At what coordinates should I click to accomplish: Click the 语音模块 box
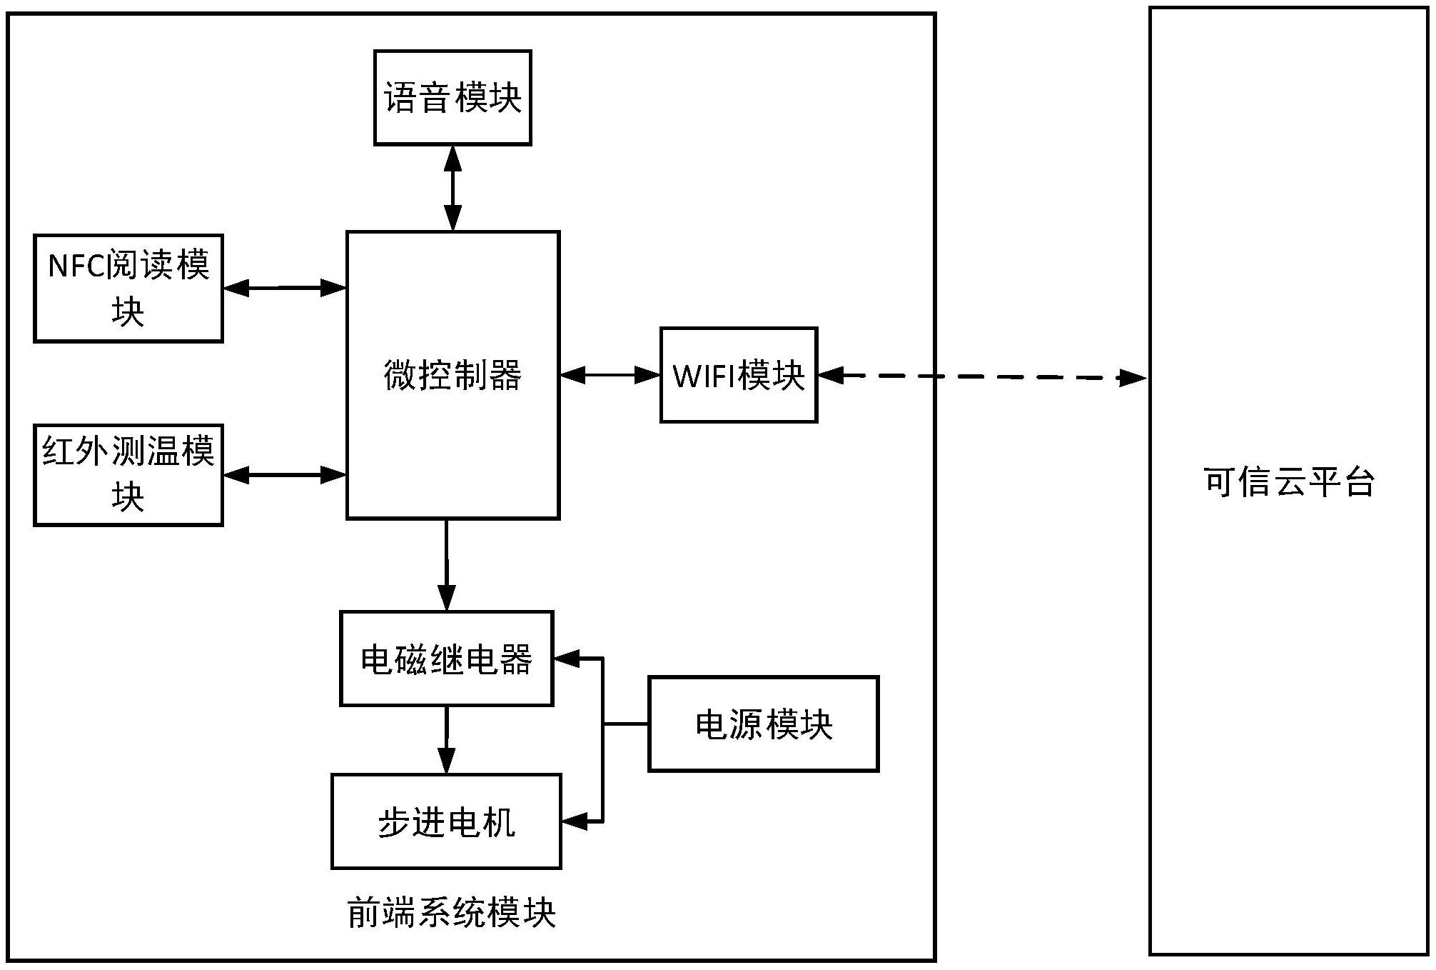coord(452,98)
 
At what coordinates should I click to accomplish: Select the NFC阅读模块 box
coord(128,288)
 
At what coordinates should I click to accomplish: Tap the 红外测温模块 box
coord(128,475)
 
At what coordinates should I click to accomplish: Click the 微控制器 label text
coord(452,375)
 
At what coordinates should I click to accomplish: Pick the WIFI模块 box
coord(739,375)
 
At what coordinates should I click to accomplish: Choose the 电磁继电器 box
coord(446,659)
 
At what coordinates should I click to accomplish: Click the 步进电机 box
coord(446,821)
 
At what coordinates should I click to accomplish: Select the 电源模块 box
coord(763,724)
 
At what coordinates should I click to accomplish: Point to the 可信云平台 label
coord(1289,482)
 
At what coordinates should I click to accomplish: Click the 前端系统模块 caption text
coord(451,913)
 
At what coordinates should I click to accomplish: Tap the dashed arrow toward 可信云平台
coord(985,376)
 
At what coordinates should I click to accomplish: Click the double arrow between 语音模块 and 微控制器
coord(452,188)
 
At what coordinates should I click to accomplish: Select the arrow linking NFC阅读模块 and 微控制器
coord(284,288)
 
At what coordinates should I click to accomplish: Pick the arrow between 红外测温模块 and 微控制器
coord(284,474)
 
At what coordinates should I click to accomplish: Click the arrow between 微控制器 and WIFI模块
coord(610,374)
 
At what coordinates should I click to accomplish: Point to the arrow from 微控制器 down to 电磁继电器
coord(447,564)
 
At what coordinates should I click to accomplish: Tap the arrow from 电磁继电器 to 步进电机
coord(447,739)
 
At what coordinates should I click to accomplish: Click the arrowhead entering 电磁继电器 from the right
coord(568,659)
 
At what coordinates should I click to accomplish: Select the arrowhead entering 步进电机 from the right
coord(575,821)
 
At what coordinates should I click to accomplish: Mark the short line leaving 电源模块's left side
coord(626,724)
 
